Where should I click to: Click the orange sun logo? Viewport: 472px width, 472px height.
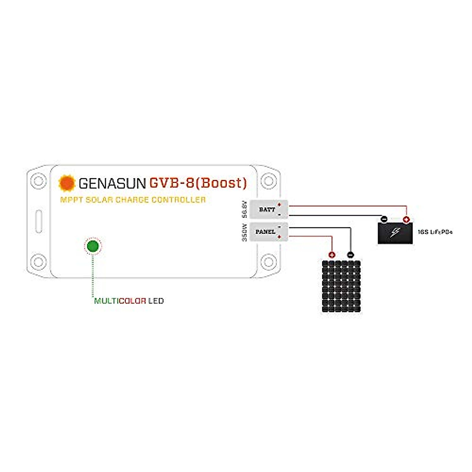tap(66, 183)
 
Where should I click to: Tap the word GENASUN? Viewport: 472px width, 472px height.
tap(112, 183)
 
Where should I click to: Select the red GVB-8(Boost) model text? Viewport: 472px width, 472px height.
tap(198, 183)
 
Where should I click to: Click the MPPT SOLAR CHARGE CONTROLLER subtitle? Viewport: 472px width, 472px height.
tap(133, 200)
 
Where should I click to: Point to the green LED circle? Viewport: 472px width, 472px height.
tap(93, 247)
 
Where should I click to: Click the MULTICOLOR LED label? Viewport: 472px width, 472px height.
tap(129, 301)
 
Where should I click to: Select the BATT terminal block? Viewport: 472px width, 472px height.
tap(269, 209)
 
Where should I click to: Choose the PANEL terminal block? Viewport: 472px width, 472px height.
tap(269, 232)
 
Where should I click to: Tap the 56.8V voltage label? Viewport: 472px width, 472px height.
tap(244, 209)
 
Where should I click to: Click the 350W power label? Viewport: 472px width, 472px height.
tap(244, 232)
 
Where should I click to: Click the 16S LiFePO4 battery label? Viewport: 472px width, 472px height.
tap(435, 232)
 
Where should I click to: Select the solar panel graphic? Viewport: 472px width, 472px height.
tap(341, 286)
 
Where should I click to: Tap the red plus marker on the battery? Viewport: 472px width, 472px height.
tap(406, 219)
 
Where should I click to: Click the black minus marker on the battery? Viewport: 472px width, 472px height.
tap(384, 219)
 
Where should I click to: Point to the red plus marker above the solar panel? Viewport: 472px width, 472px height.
tap(332, 255)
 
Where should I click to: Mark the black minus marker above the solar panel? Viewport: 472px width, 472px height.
tap(350, 255)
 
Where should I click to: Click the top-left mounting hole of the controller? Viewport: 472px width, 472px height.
tap(38, 181)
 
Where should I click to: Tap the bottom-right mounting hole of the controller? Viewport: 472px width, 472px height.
tap(269, 261)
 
